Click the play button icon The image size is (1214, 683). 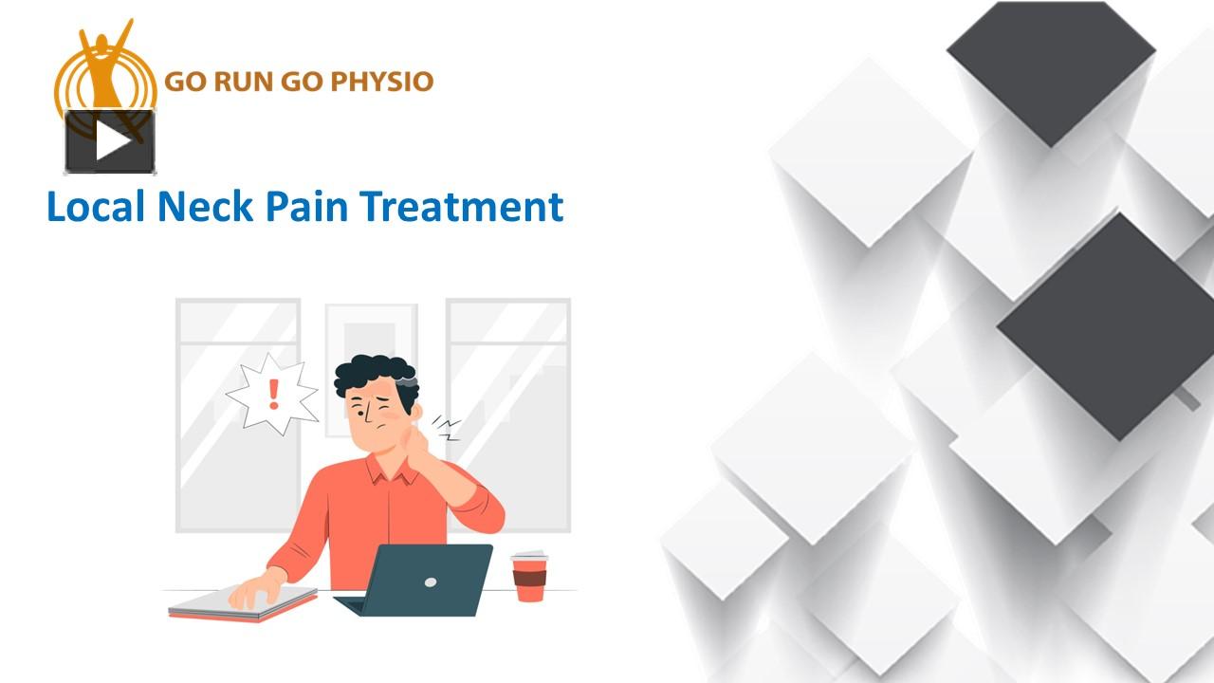(x=110, y=141)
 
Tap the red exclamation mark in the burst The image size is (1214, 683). (x=274, y=393)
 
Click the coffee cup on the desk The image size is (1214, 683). (x=529, y=579)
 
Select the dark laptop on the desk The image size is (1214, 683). (x=422, y=579)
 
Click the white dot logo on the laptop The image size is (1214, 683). (x=430, y=581)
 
